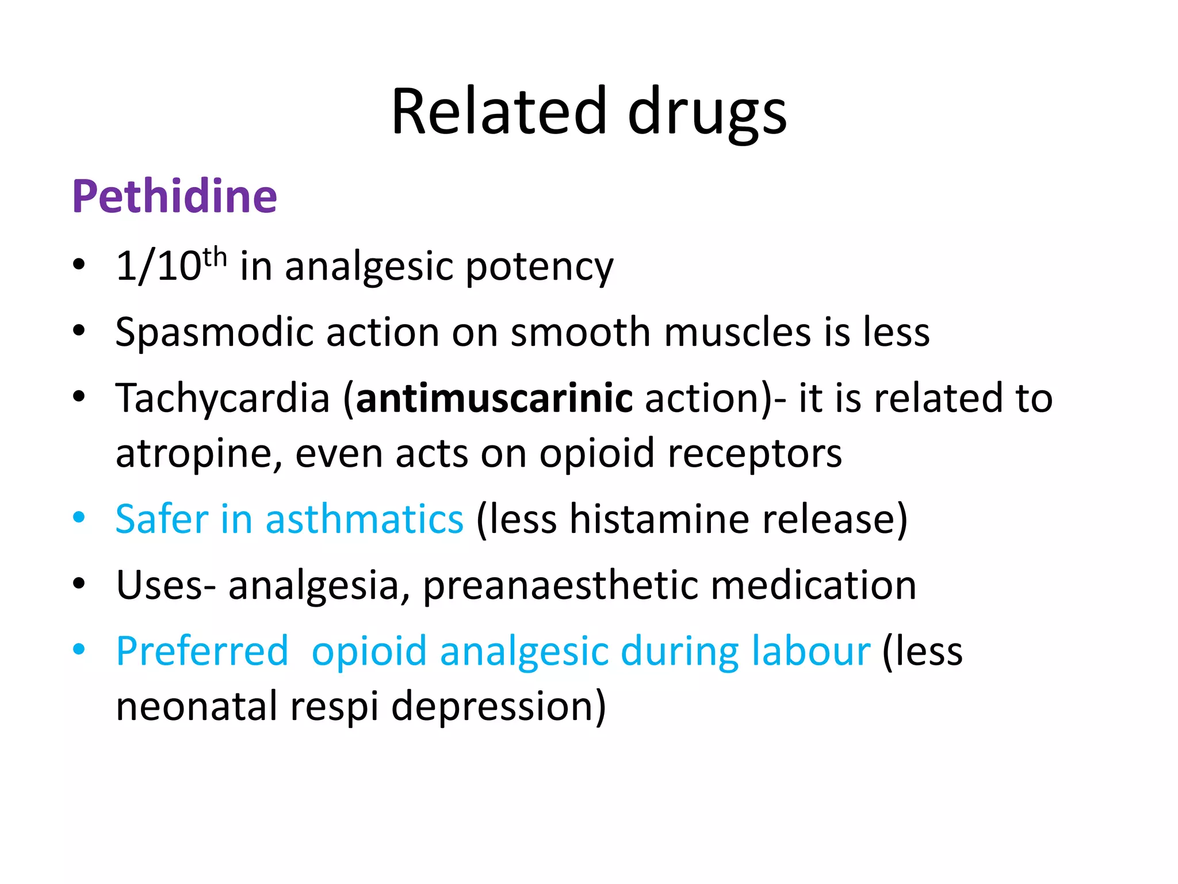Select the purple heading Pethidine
coord(174,196)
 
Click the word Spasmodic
coord(215,333)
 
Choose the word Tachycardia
coord(223,398)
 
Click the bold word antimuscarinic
coord(494,398)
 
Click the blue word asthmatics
coord(364,519)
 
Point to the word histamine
coord(659,519)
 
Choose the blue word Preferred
coord(202,651)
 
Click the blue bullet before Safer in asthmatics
coord(79,517)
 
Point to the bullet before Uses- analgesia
coord(79,584)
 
